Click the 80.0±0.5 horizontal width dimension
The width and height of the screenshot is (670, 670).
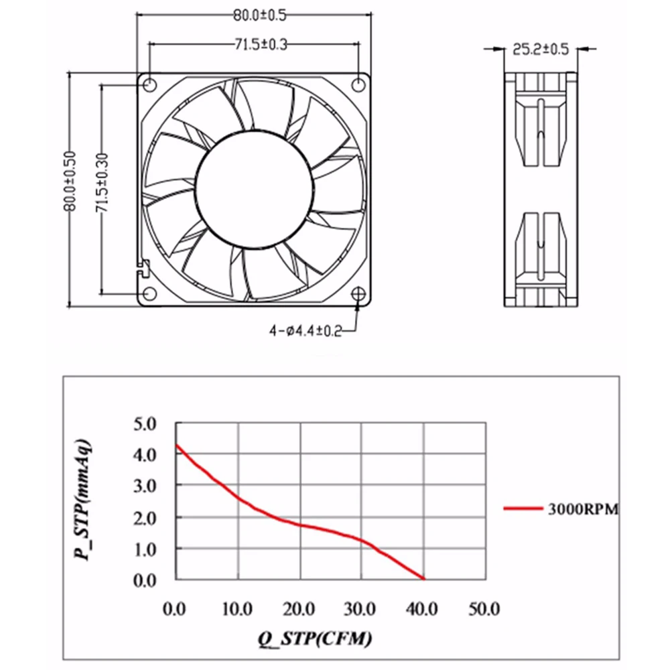point(259,15)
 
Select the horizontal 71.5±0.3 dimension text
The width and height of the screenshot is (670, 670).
point(261,44)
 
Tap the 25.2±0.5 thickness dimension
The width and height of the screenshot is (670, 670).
point(541,50)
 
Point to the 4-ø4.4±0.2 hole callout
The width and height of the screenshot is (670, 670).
point(306,331)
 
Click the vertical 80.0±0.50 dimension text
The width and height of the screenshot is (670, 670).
point(70,181)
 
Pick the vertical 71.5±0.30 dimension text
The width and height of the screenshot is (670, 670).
point(103,183)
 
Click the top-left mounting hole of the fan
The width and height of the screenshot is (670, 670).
point(149,85)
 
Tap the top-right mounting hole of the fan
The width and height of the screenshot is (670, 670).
point(358,84)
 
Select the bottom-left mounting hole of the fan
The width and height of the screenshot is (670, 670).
point(149,293)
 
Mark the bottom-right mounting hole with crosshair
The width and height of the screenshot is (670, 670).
point(358,294)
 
